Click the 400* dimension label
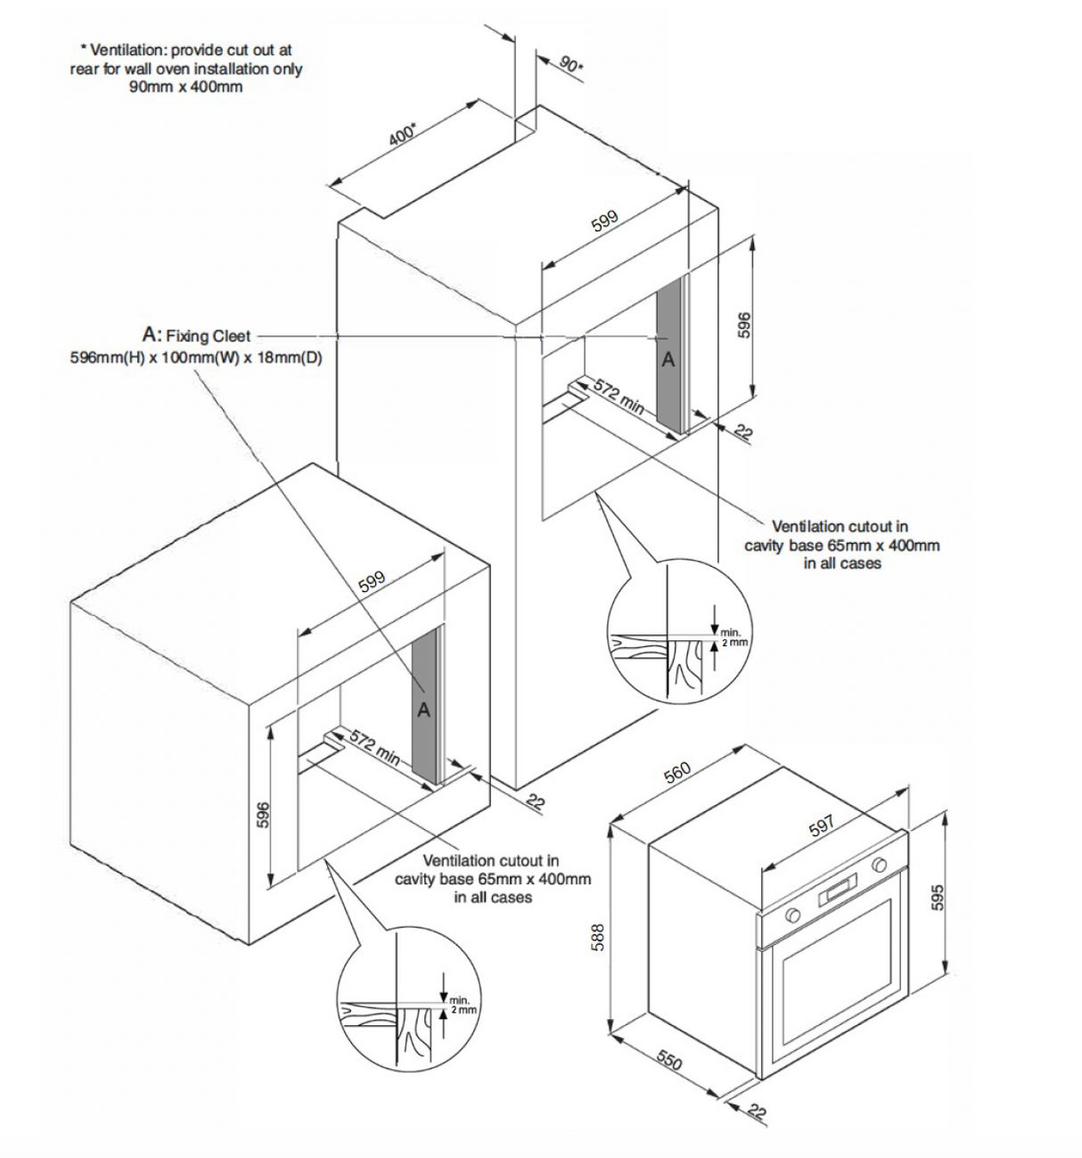(x=403, y=135)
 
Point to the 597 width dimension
(x=821, y=825)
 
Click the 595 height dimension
(x=937, y=897)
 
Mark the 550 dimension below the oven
(x=669, y=1060)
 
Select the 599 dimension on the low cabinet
(x=371, y=580)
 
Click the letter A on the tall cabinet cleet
(x=668, y=360)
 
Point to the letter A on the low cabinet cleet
(x=424, y=710)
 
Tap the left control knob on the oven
(x=791, y=916)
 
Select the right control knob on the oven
(x=881, y=864)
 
